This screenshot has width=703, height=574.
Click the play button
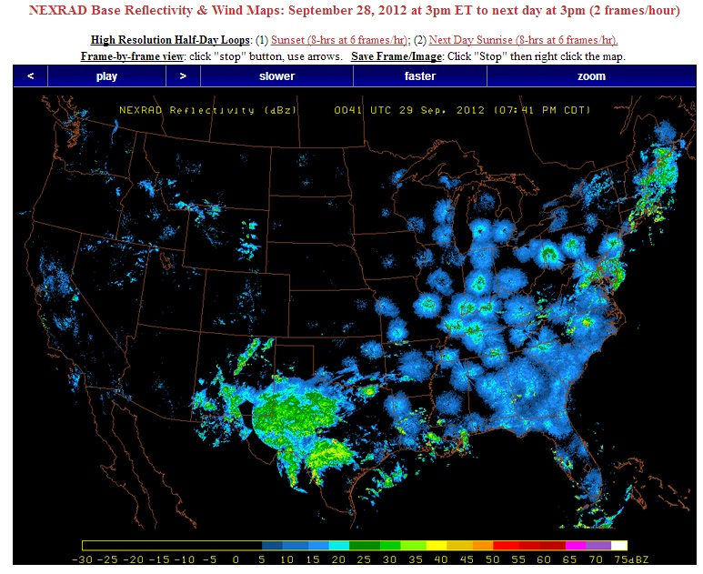[106, 76]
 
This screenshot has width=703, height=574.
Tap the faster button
[419, 76]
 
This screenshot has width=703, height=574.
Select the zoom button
[591, 76]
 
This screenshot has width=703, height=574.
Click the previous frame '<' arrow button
[30, 76]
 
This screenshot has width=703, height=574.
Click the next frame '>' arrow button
[183, 76]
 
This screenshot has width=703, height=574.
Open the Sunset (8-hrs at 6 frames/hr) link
[340, 40]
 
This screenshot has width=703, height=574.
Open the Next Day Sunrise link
[523, 40]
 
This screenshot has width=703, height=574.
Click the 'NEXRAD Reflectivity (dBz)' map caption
[187, 110]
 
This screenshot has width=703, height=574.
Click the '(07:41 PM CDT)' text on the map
[540, 110]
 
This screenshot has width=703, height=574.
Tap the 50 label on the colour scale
[492, 559]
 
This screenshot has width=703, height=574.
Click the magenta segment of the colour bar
[574, 545]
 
